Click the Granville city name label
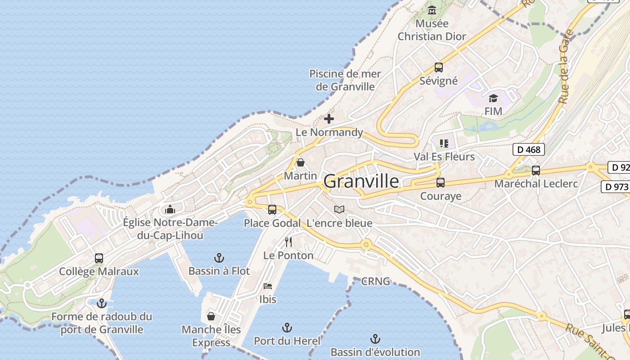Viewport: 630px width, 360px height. point(361,181)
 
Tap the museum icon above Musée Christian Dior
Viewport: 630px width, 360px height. point(432,10)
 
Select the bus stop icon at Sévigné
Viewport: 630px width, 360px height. point(439,68)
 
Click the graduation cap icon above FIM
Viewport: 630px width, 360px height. point(494,98)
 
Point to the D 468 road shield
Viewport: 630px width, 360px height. point(529,149)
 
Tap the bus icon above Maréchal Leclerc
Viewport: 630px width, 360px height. point(535,171)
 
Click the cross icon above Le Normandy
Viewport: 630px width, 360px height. point(329,119)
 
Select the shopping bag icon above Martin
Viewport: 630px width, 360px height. point(300,162)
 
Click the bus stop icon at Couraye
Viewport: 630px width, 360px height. point(441,183)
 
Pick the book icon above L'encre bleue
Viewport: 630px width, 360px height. point(339,210)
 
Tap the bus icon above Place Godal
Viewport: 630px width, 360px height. point(272,210)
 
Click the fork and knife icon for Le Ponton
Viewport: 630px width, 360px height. point(288,242)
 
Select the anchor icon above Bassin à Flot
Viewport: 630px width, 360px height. point(219,258)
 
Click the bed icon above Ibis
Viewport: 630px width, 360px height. point(268,286)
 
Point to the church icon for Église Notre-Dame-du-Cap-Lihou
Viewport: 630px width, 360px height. point(170,209)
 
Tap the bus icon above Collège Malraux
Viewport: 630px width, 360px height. point(99,258)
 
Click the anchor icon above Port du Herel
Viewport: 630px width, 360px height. point(287,328)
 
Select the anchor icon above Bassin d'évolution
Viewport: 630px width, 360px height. point(375,338)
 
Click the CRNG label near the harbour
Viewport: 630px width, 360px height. point(376,282)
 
